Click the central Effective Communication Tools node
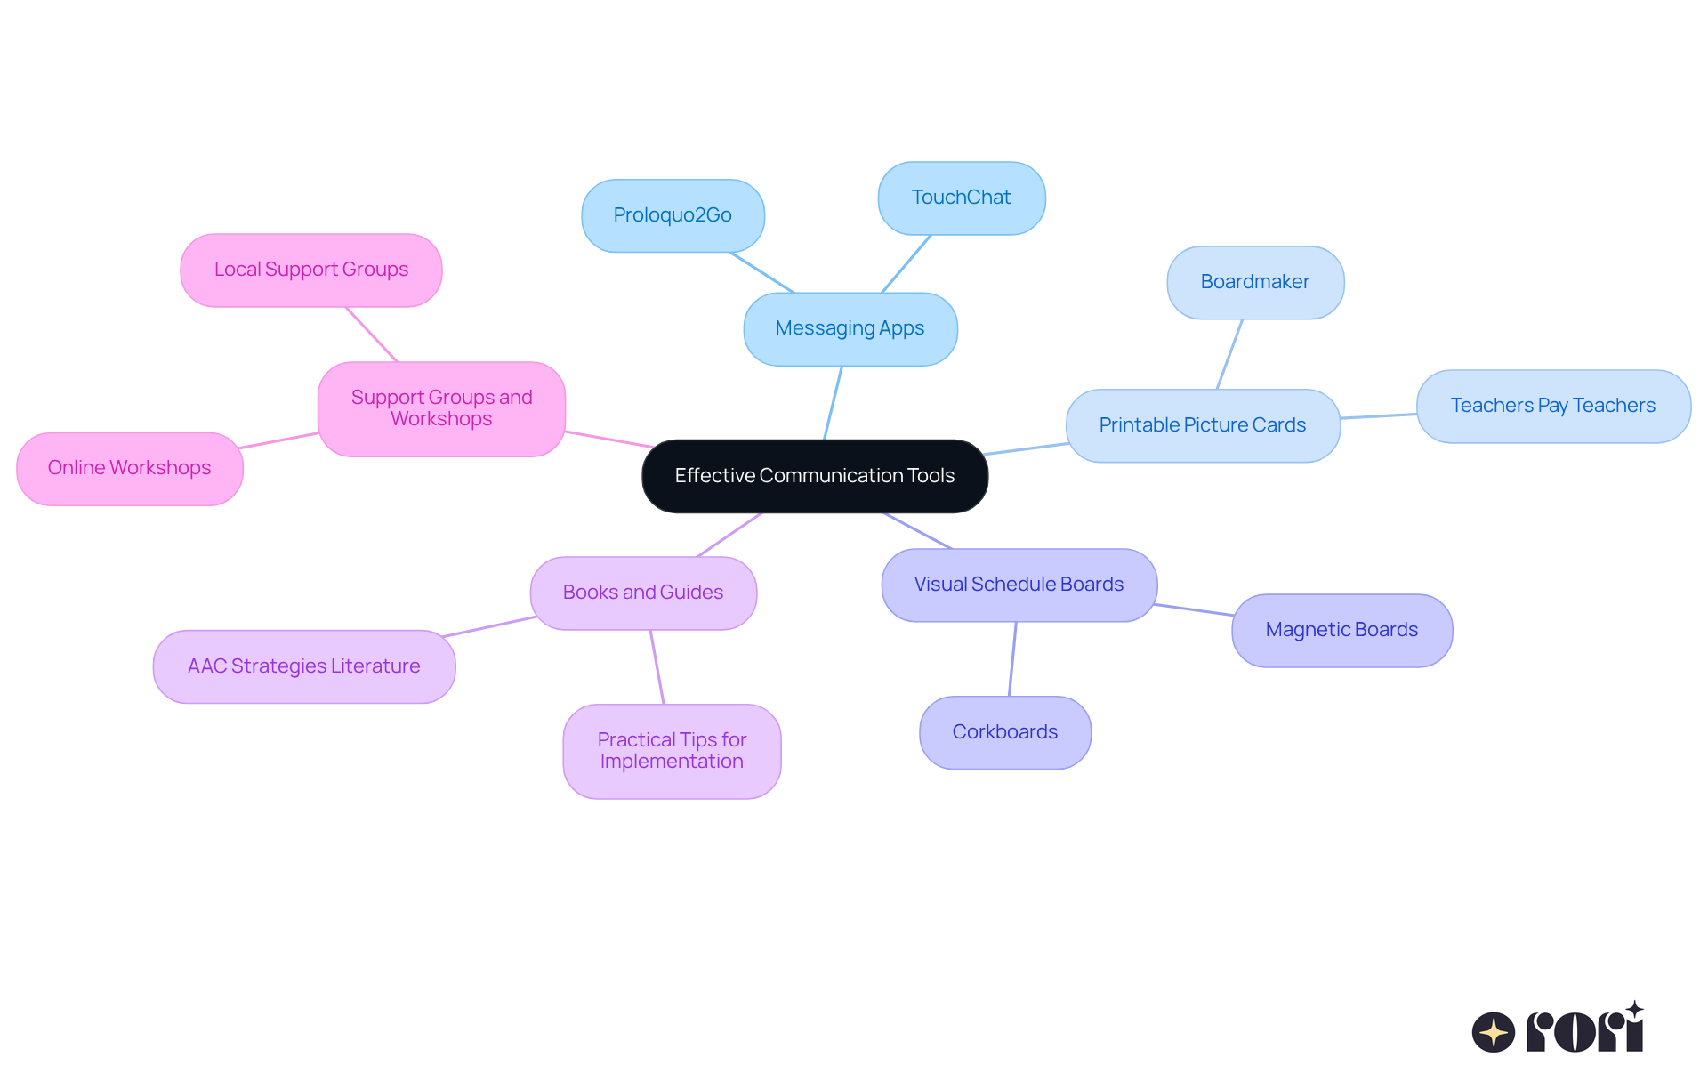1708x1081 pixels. (x=815, y=476)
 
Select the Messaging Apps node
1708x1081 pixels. (x=850, y=329)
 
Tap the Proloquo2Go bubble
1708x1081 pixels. (x=673, y=215)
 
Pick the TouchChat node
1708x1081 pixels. (x=961, y=198)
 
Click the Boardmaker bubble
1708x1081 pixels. (x=1255, y=282)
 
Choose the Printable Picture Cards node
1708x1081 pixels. (x=1203, y=425)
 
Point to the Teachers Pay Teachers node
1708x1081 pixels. (x=1553, y=406)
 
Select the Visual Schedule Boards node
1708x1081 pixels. (x=1019, y=585)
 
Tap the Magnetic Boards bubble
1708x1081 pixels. (x=1341, y=630)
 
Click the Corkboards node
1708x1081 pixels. (x=1005, y=732)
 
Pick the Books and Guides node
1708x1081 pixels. (x=643, y=593)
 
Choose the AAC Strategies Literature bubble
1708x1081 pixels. (x=304, y=666)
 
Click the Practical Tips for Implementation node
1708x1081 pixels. (x=672, y=751)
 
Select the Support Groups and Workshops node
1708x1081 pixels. (x=441, y=408)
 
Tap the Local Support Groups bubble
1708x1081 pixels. (x=311, y=270)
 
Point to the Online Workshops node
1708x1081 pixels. (x=130, y=468)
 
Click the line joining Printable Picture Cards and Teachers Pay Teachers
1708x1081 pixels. (x=1379, y=415)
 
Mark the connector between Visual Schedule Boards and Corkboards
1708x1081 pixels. (x=1012, y=658)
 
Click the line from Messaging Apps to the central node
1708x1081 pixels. (x=833, y=403)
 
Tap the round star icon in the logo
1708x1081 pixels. (x=1493, y=1032)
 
